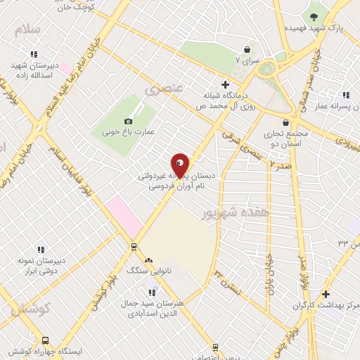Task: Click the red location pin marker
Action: pyautogui.click(x=180, y=165)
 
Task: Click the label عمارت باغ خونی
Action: pyautogui.click(x=129, y=131)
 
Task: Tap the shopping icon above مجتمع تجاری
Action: pyautogui.click(x=285, y=122)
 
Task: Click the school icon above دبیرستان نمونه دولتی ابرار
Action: pyautogui.click(x=41, y=249)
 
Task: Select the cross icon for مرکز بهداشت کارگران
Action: pyautogui.click(x=325, y=294)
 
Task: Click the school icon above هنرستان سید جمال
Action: pyautogui.click(x=152, y=292)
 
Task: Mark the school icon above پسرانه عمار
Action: pyautogui.click(x=345, y=95)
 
